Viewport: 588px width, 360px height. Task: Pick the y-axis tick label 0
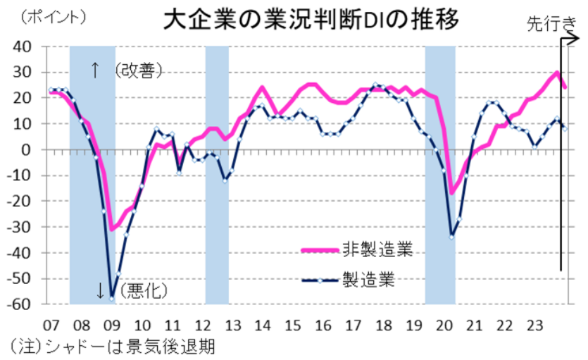tap(27, 149)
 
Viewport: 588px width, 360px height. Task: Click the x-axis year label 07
tap(50, 325)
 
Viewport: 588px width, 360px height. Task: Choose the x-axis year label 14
tap(263, 325)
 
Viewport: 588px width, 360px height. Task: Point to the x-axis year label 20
tap(444, 325)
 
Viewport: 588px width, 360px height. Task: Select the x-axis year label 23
tap(536, 325)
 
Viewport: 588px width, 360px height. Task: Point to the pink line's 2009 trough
tap(111, 229)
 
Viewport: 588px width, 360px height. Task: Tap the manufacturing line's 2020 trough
tap(451, 236)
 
